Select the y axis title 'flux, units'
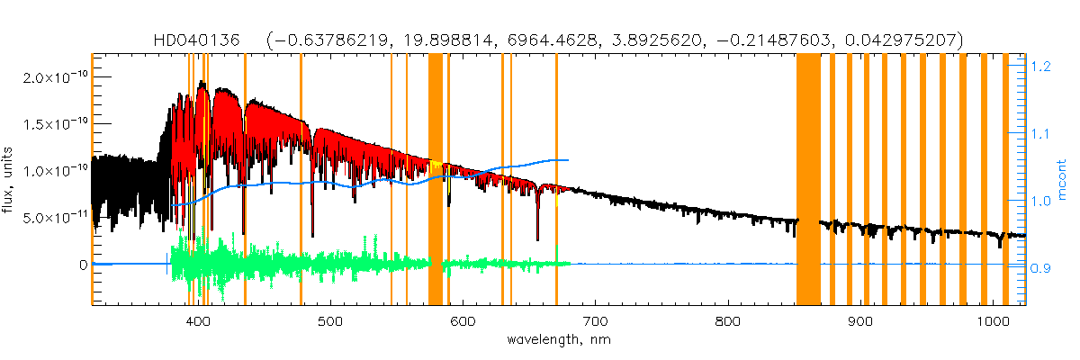11,181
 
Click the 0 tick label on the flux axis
82,265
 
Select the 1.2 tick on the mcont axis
1042,67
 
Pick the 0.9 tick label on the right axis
1042,268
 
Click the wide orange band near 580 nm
435,180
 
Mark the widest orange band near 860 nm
808,180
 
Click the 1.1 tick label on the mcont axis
1042,134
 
